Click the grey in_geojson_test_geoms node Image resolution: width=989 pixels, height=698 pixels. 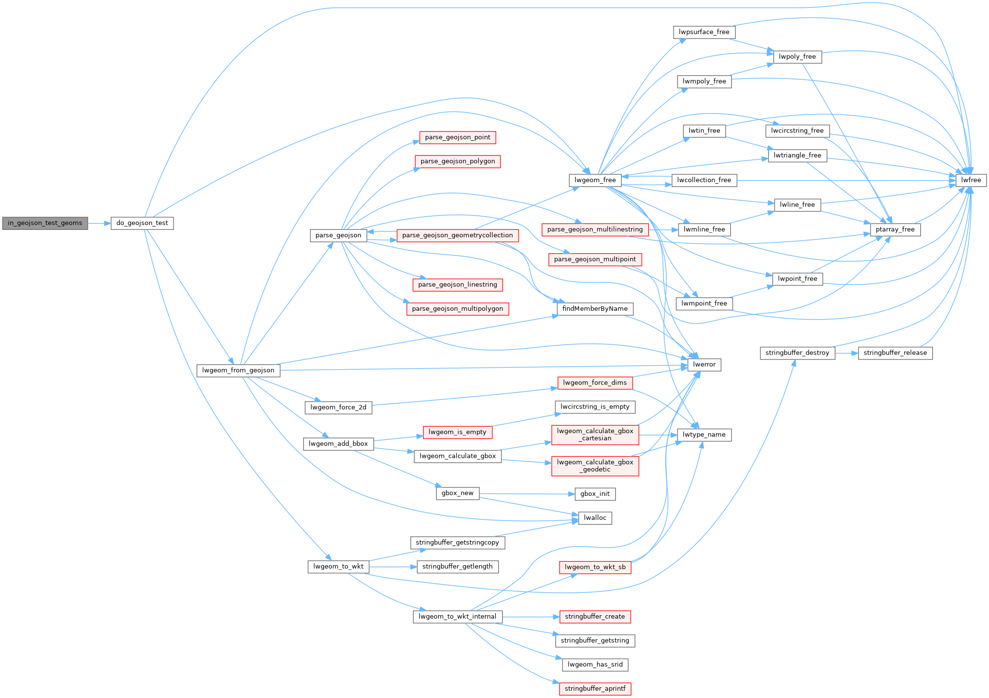pos(45,223)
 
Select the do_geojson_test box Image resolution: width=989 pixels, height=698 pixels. pos(142,223)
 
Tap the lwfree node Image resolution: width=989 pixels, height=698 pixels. pos(971,180)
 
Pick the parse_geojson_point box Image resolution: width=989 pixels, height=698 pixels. pos(457,137)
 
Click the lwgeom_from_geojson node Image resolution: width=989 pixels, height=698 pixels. pos(238,370)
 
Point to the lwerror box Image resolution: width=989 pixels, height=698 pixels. pos(704,364)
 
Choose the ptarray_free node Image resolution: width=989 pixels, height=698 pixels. pos(895,229)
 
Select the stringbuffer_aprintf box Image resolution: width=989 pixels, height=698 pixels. pos(595,689)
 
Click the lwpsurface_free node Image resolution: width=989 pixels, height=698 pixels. pos(704,32)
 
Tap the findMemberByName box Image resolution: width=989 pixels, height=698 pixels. pos(595,309)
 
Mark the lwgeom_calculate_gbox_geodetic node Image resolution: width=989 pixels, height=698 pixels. pos(595,466)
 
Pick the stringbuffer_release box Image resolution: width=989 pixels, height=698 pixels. pos(895,353)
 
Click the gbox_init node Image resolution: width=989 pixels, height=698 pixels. pos(595,494)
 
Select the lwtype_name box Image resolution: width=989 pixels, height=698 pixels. pos(704,434)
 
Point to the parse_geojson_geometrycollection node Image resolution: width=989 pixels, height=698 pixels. pos(457,235)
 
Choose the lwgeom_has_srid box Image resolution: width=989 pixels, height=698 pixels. pos(595,664)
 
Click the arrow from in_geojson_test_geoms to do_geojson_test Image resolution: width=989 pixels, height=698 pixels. pos(99,223)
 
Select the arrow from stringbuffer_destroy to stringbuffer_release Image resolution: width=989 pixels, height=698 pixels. pos(846,353)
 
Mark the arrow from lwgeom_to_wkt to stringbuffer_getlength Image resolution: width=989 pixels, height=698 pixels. pos(392,566)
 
